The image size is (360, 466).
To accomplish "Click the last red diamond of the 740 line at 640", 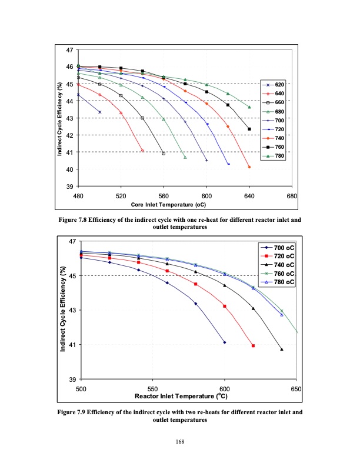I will [249, 167].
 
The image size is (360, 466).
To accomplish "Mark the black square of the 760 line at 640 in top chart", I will [249, 129].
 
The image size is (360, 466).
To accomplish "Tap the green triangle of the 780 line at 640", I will [249, 107].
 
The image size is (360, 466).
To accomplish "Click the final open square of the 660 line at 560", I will [164, 154].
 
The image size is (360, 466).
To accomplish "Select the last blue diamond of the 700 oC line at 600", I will [225, 342].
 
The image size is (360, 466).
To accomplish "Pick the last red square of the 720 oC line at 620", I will [254, 345].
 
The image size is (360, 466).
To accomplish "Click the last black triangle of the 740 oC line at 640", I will [282, 349].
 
